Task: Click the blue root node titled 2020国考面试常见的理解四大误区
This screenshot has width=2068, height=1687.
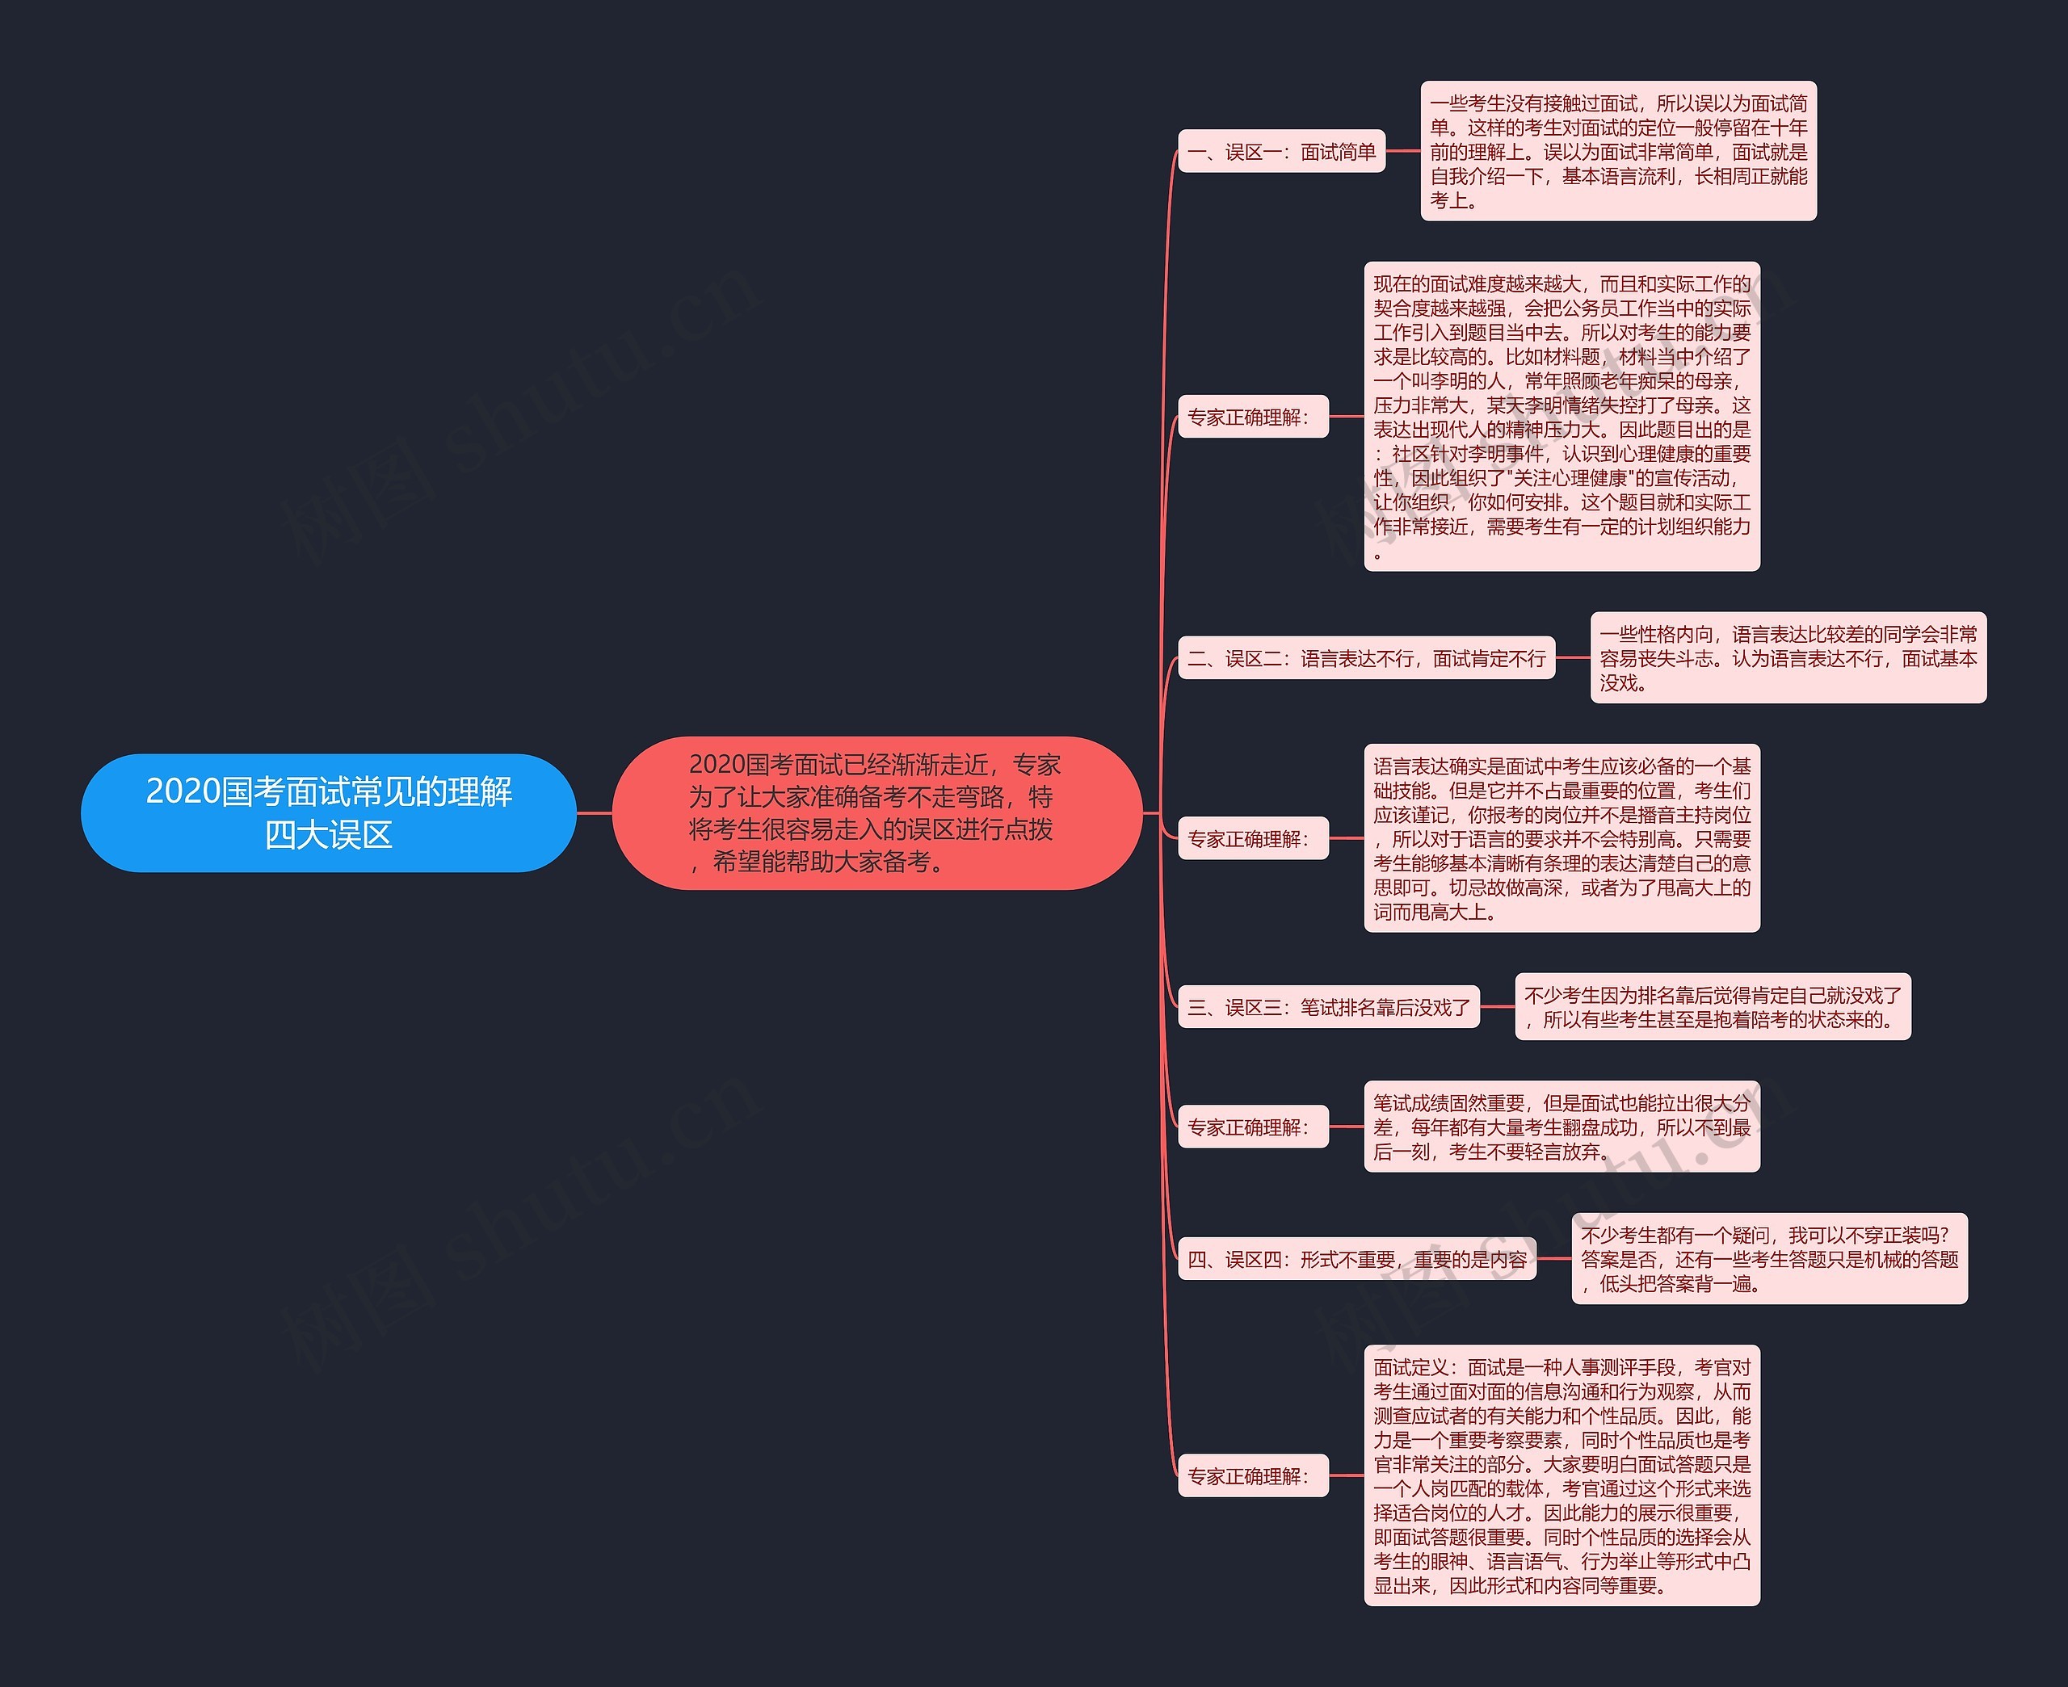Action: coord(329,812)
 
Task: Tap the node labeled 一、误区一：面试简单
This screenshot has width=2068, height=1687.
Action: coord(1281,152)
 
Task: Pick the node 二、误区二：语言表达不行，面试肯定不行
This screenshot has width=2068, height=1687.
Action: coord(1366,659)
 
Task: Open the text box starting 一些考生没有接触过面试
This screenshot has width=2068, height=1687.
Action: coord(1618,152)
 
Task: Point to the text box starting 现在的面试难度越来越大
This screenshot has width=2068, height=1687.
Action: coord(1562,417)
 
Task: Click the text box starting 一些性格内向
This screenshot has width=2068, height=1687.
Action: coord(1788,658)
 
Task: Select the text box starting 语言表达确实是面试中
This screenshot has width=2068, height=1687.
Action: coord(1562,838)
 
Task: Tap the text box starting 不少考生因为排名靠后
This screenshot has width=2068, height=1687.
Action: coord(1713,1007)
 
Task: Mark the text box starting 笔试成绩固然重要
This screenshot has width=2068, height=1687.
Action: coord(1562,1127)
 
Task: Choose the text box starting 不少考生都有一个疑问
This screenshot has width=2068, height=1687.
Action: coord(1768,1258)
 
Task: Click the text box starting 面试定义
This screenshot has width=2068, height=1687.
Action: coord(1562,1475)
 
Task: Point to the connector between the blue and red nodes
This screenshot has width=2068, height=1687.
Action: coord(595,812)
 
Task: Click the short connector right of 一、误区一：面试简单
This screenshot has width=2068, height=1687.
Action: coord(1403,152)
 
